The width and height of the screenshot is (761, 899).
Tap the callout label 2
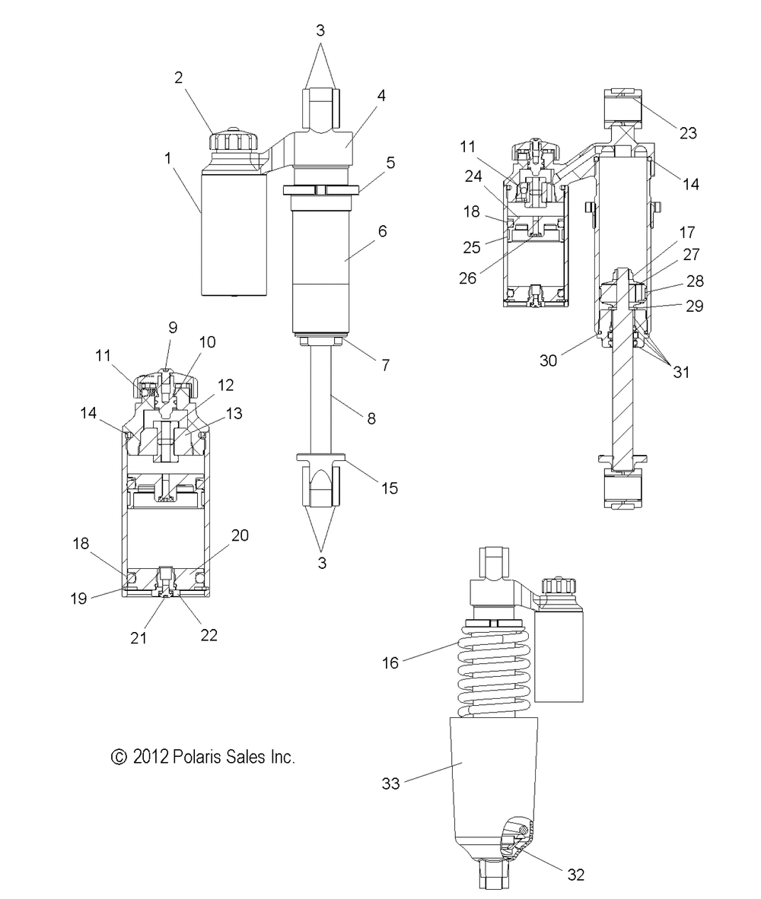coord(178,78)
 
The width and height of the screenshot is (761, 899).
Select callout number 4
coord(381,96)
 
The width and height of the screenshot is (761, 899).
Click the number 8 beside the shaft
coord(371,418)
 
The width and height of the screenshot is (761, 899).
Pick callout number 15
coord(389,488)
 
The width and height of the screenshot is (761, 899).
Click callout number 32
coord(575,875)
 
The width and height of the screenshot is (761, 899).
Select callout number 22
coord(209,635)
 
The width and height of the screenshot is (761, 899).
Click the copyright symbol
coord(118,758)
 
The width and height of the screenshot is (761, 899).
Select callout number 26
coord(468,278)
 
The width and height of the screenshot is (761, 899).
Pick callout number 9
coord(173,327)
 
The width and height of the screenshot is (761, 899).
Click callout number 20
coord(240,535)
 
